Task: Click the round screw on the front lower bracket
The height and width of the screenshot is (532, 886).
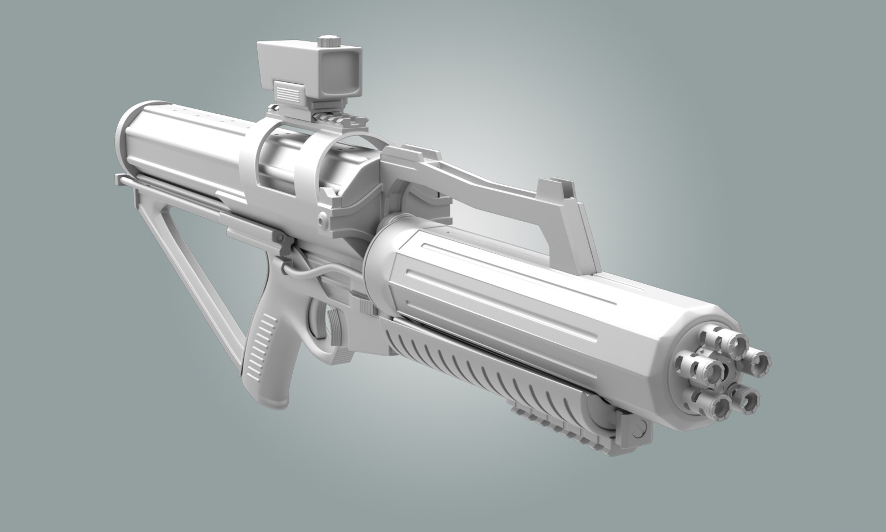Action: pyautogui.click(x=639, y=425)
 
